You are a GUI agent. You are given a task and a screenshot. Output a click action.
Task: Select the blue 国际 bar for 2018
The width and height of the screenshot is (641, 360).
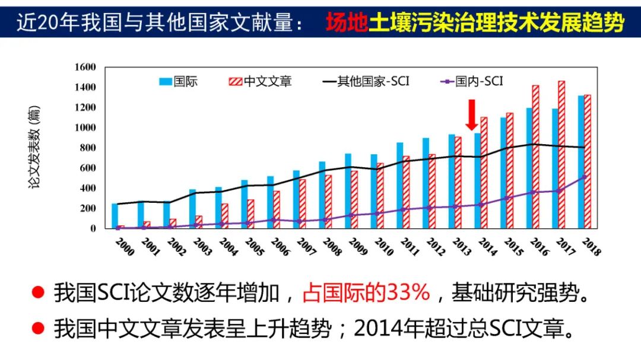581,162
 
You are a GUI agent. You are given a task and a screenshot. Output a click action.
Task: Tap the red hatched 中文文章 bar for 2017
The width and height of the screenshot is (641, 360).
561,155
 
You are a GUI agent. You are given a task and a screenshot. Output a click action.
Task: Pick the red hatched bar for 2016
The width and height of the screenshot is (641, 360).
535,157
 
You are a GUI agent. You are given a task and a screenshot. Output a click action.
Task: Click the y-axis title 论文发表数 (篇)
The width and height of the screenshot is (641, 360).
36,148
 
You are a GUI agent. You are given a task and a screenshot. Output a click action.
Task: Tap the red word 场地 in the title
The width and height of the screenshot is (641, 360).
347,23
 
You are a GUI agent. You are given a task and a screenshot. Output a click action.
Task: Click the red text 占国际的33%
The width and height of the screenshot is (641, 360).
366,292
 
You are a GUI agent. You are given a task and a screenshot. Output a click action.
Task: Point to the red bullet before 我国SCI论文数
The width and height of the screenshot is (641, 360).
38,292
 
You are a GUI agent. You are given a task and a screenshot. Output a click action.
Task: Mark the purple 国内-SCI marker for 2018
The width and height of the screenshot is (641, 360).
584,177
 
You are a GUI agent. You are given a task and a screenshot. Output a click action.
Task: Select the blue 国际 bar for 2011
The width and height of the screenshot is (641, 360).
400,185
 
